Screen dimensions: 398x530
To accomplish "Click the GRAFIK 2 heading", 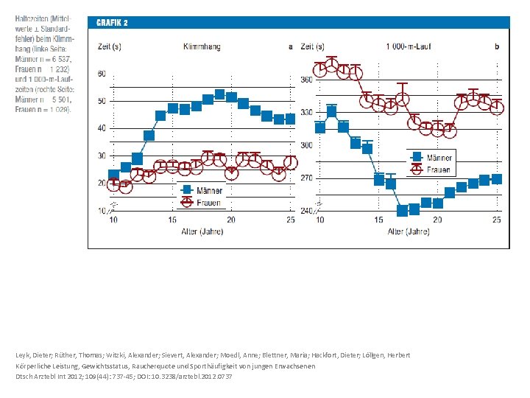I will pos(113,23).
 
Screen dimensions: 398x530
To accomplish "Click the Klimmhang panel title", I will pos(201,46).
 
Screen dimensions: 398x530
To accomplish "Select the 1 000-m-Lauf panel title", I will pos(409,46).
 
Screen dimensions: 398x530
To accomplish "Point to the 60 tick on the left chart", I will pos(101,74).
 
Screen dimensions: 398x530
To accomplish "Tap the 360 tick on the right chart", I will pos(306,79).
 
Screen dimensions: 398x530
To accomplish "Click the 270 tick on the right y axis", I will pos(306,178).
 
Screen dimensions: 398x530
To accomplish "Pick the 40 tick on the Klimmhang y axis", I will pos(101,128).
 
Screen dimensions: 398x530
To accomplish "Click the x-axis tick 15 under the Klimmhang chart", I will pos(172,220).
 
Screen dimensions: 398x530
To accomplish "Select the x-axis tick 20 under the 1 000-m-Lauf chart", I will pos(437,220).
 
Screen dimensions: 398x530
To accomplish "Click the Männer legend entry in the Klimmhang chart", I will pos(207,191).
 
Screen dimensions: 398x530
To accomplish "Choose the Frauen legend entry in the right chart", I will pos(437,170).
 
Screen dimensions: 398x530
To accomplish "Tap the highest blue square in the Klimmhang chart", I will pos(219,94).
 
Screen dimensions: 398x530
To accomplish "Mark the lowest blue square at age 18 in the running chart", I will pos(403,211).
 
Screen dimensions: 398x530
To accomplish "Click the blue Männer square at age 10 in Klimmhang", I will pos(113,175).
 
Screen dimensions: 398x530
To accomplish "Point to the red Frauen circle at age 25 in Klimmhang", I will pos(291,162).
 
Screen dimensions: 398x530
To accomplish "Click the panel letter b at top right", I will pos(497,46).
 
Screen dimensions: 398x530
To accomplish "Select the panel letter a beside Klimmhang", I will pos(291,46).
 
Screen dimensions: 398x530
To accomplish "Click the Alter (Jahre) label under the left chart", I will pos(201,231).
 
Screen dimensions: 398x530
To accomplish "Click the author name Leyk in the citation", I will pos(24,355).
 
